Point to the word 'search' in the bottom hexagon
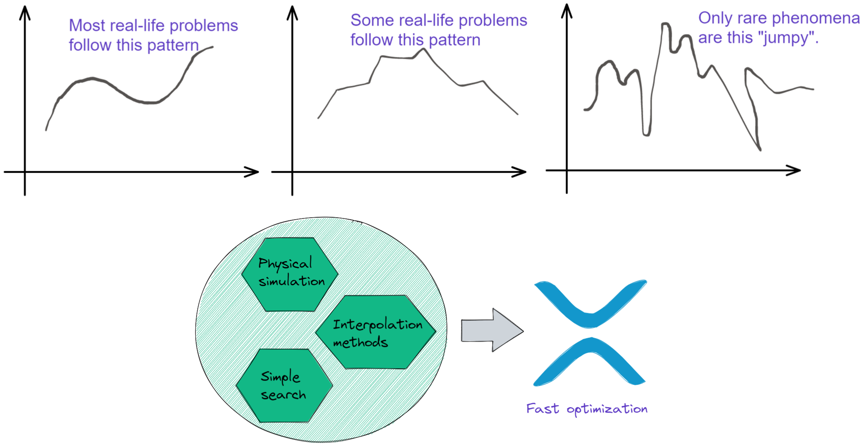tap(283, 395)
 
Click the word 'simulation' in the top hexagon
tap(292, 281)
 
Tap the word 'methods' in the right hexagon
tap(360, 342)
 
